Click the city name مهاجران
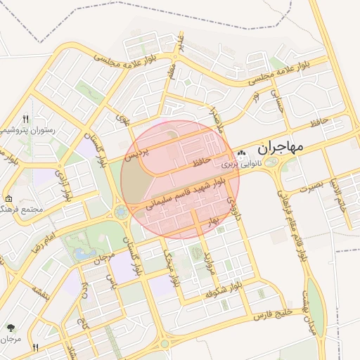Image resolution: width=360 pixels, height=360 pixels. (x=280, y=148)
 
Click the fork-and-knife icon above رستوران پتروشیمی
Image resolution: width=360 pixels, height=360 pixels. (x=26, y=119)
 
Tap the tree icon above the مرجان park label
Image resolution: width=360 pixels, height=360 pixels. (x=11, y=328)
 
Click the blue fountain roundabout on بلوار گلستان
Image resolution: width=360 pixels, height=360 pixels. (x=121, y=211)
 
